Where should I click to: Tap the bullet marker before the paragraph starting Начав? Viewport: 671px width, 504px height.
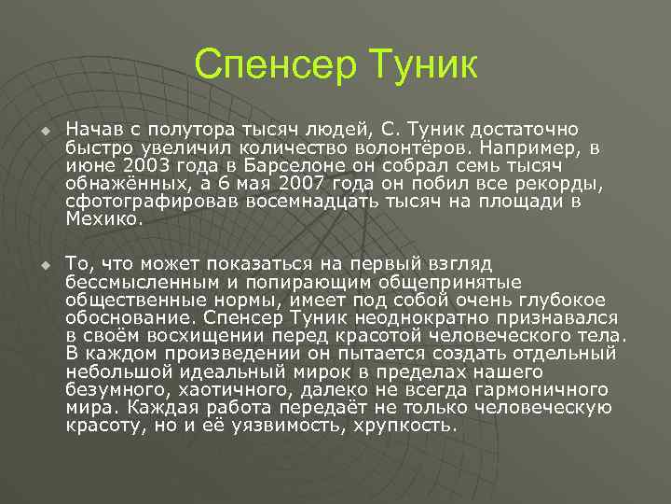[42, 131]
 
